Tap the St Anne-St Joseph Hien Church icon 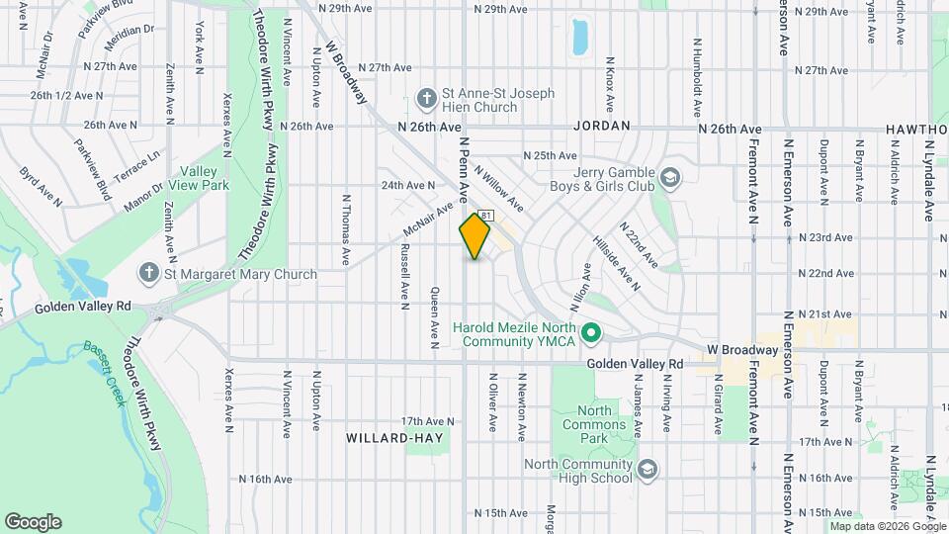click(426, 99)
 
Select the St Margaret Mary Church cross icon click(148, 274)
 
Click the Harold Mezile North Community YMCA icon click(591, 333)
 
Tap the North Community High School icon click(647, 468)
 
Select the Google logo click(33, 521)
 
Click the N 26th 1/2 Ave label click(66, 96)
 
